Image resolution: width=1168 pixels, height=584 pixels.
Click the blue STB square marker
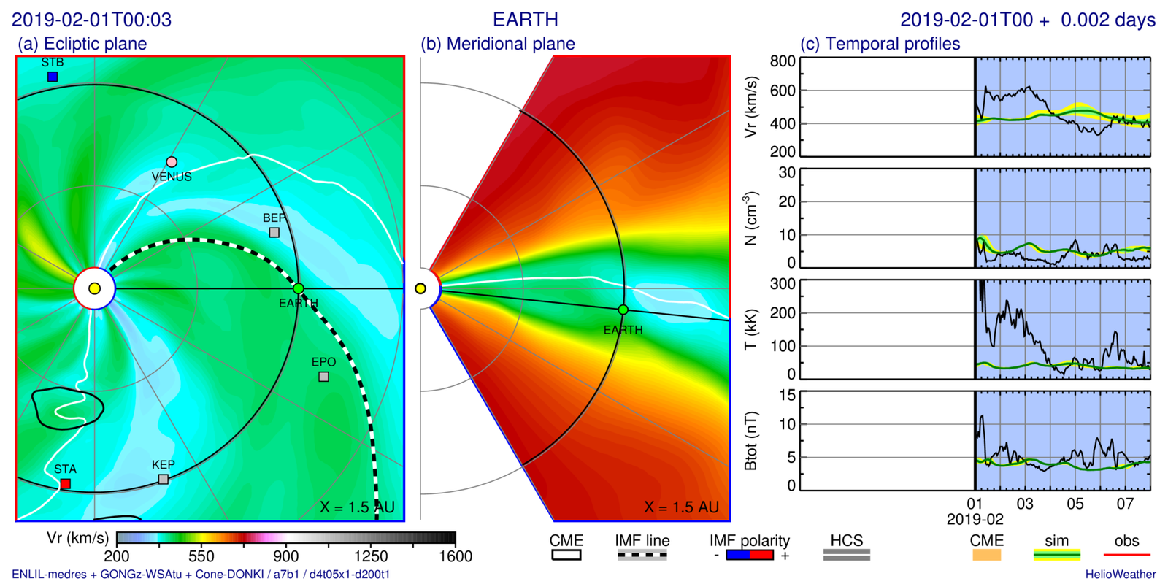[x=53, y=77]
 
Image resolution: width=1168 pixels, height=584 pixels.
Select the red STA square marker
[x=66, y=483]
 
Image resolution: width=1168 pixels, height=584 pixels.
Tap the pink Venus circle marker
[x=172, y=162]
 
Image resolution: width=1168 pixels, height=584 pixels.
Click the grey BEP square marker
[x=274, y=232]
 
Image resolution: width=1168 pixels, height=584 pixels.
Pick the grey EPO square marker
[x=323, y=377]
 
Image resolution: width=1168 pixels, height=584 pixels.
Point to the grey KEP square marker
[x=164, y=479]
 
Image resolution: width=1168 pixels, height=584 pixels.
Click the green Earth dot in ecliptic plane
[x=299, y=289]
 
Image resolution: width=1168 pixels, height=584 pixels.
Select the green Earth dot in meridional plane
[x=623, y=310]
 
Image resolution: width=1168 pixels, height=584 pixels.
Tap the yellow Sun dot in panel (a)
[x=94, y=289]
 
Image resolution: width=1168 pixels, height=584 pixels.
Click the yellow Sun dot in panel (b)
[x=420, y=289]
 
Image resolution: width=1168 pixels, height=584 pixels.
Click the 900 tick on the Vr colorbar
[x=286, y=556]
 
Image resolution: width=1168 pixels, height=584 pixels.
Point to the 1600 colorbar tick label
[x=456, y=556]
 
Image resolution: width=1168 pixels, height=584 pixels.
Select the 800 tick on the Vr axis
[x=783, y=61]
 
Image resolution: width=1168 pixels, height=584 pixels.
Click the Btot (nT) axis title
[x=750, y=441]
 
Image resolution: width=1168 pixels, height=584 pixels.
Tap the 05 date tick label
[x=1075, y=504]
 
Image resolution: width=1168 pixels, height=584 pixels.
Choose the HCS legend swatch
[x=847, y=555]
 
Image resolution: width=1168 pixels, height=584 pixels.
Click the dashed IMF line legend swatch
[x=642, y=555]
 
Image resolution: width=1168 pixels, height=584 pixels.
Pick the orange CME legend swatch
[x=987, y=555]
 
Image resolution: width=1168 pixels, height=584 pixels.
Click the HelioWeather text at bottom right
[x=1121, y=575]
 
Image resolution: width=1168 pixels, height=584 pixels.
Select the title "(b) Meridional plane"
[x=498, y=44]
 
